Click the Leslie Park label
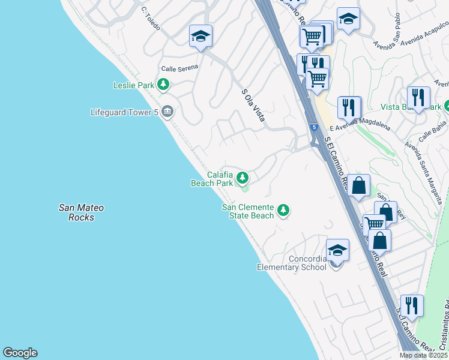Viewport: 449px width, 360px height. pos(134,85)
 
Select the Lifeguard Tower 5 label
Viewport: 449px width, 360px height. pos(125,112)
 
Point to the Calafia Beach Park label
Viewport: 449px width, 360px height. pos(211,178)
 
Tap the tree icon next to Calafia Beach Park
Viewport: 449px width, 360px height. pos(243,177)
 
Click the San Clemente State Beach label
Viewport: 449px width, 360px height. pos(248,211)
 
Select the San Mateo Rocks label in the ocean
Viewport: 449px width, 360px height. pos(81,212)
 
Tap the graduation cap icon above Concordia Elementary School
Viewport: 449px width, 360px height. pos(337,249)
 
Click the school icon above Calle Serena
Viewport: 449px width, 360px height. pos(200,35)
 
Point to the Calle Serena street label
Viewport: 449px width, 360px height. pos(179,68)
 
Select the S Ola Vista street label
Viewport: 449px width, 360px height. pos(253,105)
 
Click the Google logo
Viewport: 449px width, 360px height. pos(20,353)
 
